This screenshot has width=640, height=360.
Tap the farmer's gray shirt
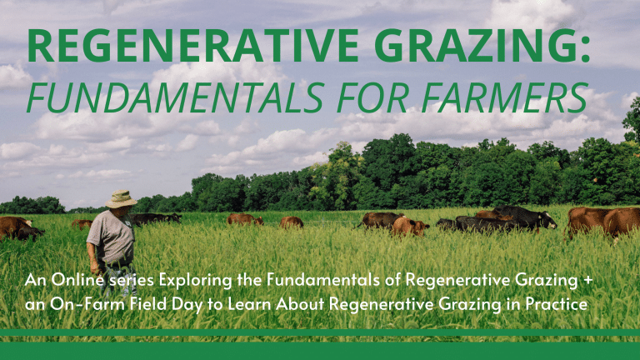click(x=111, y=237)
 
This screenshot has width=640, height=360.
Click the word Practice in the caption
click(x=557, y=302)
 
